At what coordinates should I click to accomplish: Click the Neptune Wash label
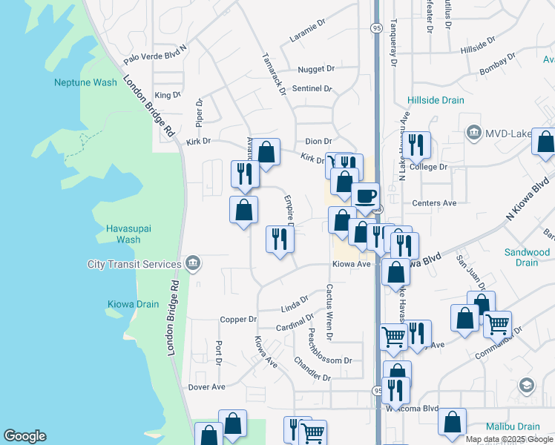click(85, 82)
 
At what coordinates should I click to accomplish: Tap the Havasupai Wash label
click(128, 234)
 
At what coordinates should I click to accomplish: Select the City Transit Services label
click(134, 264)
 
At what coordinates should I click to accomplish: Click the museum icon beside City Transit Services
click(192, 263)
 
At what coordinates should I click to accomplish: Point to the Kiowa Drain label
click(133, 304)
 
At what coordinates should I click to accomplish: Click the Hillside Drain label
click(436, 100)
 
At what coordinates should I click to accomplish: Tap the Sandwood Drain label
click(527, 257)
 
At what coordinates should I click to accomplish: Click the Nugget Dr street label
click(316, 69)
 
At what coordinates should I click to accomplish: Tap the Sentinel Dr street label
click(312, 88)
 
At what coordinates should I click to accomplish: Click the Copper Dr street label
click(238, 320)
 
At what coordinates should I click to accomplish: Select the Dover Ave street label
click(206, 387)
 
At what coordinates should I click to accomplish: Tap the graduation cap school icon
click(526, 385)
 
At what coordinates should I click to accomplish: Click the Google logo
click(24, 436)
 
